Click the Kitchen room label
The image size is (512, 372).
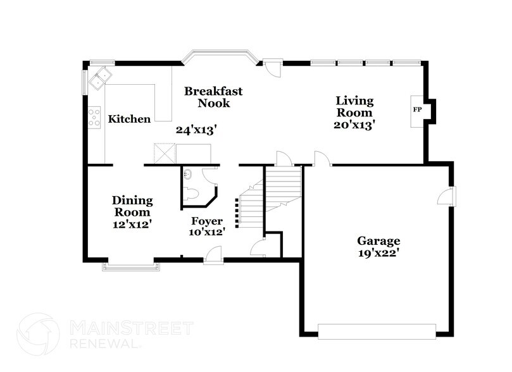tap(129, 119)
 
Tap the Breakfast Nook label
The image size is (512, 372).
tap(213, 97)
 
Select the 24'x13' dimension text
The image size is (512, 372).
tap(196, 130)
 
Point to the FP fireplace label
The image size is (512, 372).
tap(417, 110)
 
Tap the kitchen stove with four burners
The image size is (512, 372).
tap(94, 118)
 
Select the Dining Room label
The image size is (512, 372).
tap(132, 207)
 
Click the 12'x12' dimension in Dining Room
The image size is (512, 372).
tap(132, 224)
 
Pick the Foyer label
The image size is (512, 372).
tap(208, 221)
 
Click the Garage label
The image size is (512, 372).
tap(379, 241)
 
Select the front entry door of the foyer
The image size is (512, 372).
tap(216, 253)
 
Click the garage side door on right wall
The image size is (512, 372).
tap(448, 196)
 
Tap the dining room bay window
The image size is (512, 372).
tap(132, 266)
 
